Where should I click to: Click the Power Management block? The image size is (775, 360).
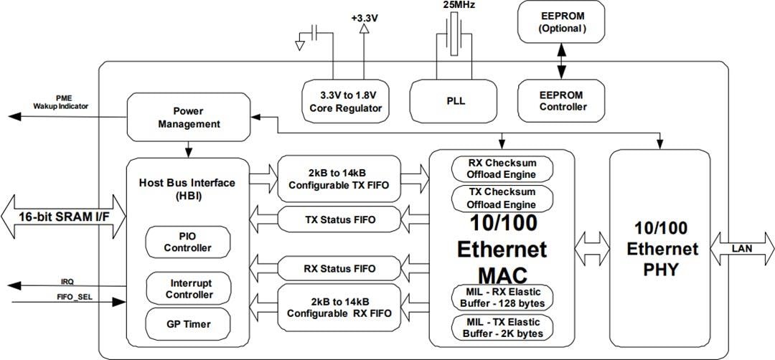click(x=188, y=118)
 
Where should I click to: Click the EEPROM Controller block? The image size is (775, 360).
click(x=562, y=101)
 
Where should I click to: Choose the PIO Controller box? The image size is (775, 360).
click(x=188, y=242)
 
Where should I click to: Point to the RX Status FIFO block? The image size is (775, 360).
click(x=339, y=269)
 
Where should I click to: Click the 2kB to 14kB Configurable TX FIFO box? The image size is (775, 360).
click(x=339, y=179)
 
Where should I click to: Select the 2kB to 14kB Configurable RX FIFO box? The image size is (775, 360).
click(x=339, y=308)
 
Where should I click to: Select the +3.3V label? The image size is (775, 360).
click(x=365, y=17)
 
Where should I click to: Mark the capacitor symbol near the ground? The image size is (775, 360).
click(x=315, y=33)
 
